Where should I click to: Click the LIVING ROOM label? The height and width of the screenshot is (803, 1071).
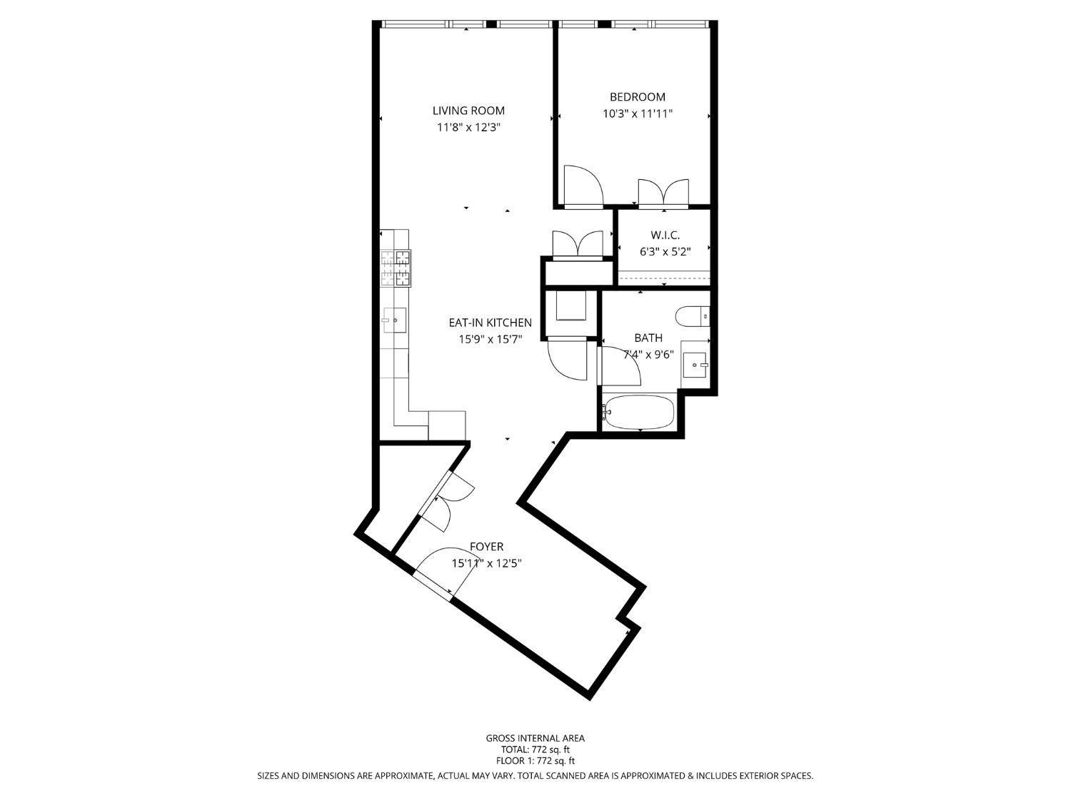point(468,111)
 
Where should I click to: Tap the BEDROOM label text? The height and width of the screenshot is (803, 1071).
point(637,97)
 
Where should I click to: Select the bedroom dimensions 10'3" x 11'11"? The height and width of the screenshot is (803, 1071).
point(637,113)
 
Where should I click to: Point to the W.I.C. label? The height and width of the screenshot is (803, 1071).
point(664,235)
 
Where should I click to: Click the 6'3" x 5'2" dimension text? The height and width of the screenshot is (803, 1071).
point(664,251)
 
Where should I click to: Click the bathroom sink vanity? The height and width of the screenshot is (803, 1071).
point(695,365)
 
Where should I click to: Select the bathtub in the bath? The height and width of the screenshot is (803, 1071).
point(638,413)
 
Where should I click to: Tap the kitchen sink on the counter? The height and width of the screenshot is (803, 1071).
point(394,320)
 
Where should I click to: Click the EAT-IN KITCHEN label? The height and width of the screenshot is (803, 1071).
point(490,323)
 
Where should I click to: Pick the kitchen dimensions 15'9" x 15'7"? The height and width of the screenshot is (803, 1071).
point(490,340)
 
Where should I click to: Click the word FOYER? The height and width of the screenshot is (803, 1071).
point(486,547)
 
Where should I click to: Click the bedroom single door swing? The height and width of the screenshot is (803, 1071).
point(582,186)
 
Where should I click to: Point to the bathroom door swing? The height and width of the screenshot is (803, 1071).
point(619,365)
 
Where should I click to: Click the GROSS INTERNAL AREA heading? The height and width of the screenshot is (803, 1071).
point(535,738)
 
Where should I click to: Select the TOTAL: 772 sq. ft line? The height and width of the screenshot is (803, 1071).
point(535,749)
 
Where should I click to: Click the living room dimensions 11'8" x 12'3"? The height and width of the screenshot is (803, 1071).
point(468,128)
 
